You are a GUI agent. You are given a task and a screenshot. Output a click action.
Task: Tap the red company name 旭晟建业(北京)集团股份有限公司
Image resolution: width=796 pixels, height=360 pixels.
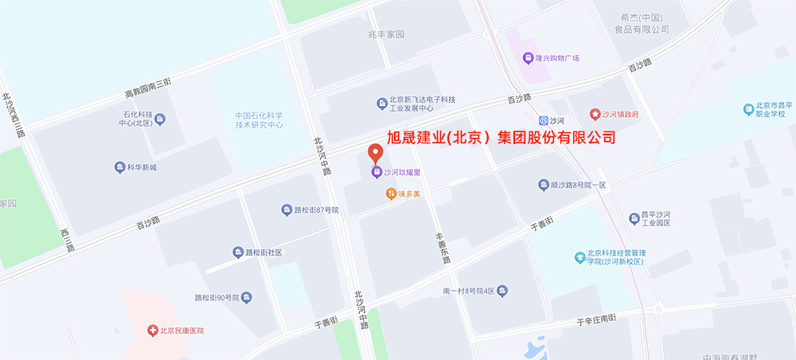point(501,137)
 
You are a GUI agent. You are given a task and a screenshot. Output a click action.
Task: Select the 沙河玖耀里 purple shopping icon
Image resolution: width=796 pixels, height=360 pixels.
point(376,171)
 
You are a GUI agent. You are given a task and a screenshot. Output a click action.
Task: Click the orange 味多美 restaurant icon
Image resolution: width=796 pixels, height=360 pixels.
point(391,193)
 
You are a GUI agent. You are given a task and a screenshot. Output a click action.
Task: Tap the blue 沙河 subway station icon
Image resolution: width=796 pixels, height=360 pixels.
point(543,120)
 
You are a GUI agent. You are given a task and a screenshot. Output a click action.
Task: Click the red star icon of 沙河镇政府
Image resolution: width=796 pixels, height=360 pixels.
point(593,115)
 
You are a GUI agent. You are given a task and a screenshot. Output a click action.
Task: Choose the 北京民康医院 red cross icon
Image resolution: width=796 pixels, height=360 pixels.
point(151,331)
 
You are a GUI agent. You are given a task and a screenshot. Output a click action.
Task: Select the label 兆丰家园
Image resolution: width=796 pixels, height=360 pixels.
point(386,35)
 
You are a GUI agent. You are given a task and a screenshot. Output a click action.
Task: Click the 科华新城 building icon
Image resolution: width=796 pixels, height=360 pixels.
point(119,167)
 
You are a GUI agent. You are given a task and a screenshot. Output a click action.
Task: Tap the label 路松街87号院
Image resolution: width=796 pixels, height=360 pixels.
point(316,210)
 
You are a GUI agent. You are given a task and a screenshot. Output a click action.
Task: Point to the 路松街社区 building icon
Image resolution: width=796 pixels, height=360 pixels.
point(237,252)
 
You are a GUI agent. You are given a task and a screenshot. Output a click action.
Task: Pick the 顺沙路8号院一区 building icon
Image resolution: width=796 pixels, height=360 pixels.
point(543,185)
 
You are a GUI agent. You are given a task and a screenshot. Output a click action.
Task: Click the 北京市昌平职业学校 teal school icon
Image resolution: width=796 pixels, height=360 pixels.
point(748,108)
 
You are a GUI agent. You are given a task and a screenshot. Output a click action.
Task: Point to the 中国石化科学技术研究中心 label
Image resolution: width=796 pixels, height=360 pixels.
point(259,120)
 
